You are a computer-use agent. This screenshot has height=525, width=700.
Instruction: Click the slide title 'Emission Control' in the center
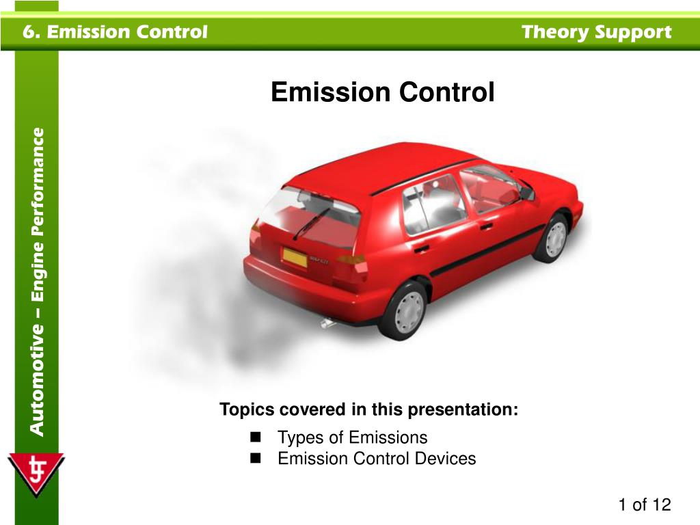coord(382,92)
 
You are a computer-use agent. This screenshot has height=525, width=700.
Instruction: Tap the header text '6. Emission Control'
coord(113,31)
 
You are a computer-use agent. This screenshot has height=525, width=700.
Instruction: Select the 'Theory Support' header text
coord(596,31)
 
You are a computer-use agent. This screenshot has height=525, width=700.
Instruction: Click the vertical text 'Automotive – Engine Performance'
coord(37,282)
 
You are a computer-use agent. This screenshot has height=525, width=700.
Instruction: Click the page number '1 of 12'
coord(644,505)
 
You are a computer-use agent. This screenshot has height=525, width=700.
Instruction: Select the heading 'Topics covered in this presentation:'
coord(368,409)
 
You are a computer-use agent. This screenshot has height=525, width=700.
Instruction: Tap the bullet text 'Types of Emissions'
coord(352,437)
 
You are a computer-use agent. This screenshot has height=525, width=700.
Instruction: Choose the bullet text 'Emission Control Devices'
coord(376,458)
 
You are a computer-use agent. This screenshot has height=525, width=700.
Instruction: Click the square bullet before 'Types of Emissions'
coord(256,437)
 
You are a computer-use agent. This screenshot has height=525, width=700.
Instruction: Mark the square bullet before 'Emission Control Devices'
coord(256,458)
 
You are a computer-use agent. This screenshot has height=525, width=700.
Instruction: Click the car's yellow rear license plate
coord(295,258)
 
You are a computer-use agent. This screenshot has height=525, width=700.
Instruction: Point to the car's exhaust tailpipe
coord(328,323)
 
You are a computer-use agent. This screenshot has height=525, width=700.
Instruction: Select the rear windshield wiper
coord(311,223)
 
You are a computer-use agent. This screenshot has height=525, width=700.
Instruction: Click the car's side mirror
coord(526,193)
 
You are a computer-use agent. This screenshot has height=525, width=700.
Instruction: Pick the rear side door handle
coord(421,248)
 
